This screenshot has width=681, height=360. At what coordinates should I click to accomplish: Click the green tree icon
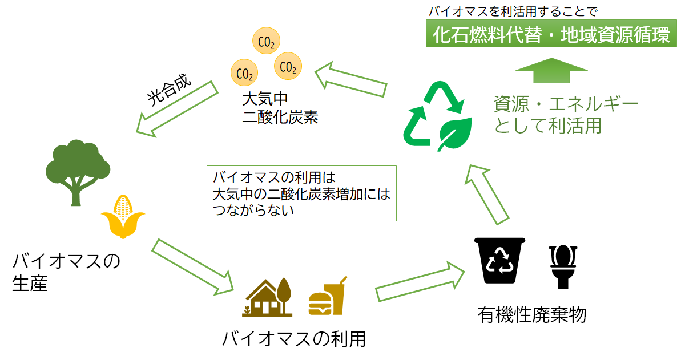[78, 172]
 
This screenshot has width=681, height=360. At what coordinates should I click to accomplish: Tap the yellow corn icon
[123, 217]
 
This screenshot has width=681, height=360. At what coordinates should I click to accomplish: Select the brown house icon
[267, 297]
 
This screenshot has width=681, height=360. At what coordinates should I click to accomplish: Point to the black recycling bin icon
[499, 260]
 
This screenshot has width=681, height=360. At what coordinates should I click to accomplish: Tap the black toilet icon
[563, 266]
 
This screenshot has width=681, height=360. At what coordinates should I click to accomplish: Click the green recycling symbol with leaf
[438, 116]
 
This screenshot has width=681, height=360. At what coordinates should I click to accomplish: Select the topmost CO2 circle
[266, 41]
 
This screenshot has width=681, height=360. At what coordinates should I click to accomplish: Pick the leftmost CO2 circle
[244, 72]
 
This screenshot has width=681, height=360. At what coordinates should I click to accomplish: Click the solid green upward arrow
[551, 70]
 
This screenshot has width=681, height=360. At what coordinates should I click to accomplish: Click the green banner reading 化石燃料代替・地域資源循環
[551, 34]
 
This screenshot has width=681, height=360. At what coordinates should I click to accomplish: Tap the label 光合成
[168, 90]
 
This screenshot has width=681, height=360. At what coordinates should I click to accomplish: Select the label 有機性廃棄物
[532, 315]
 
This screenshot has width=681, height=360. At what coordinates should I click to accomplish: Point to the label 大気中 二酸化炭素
[280, 108]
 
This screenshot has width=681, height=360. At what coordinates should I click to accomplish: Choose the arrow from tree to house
[193, 267]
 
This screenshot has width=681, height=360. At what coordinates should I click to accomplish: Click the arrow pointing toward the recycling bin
[420, 281]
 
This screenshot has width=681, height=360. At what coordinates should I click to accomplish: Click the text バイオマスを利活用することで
[513, 11]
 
